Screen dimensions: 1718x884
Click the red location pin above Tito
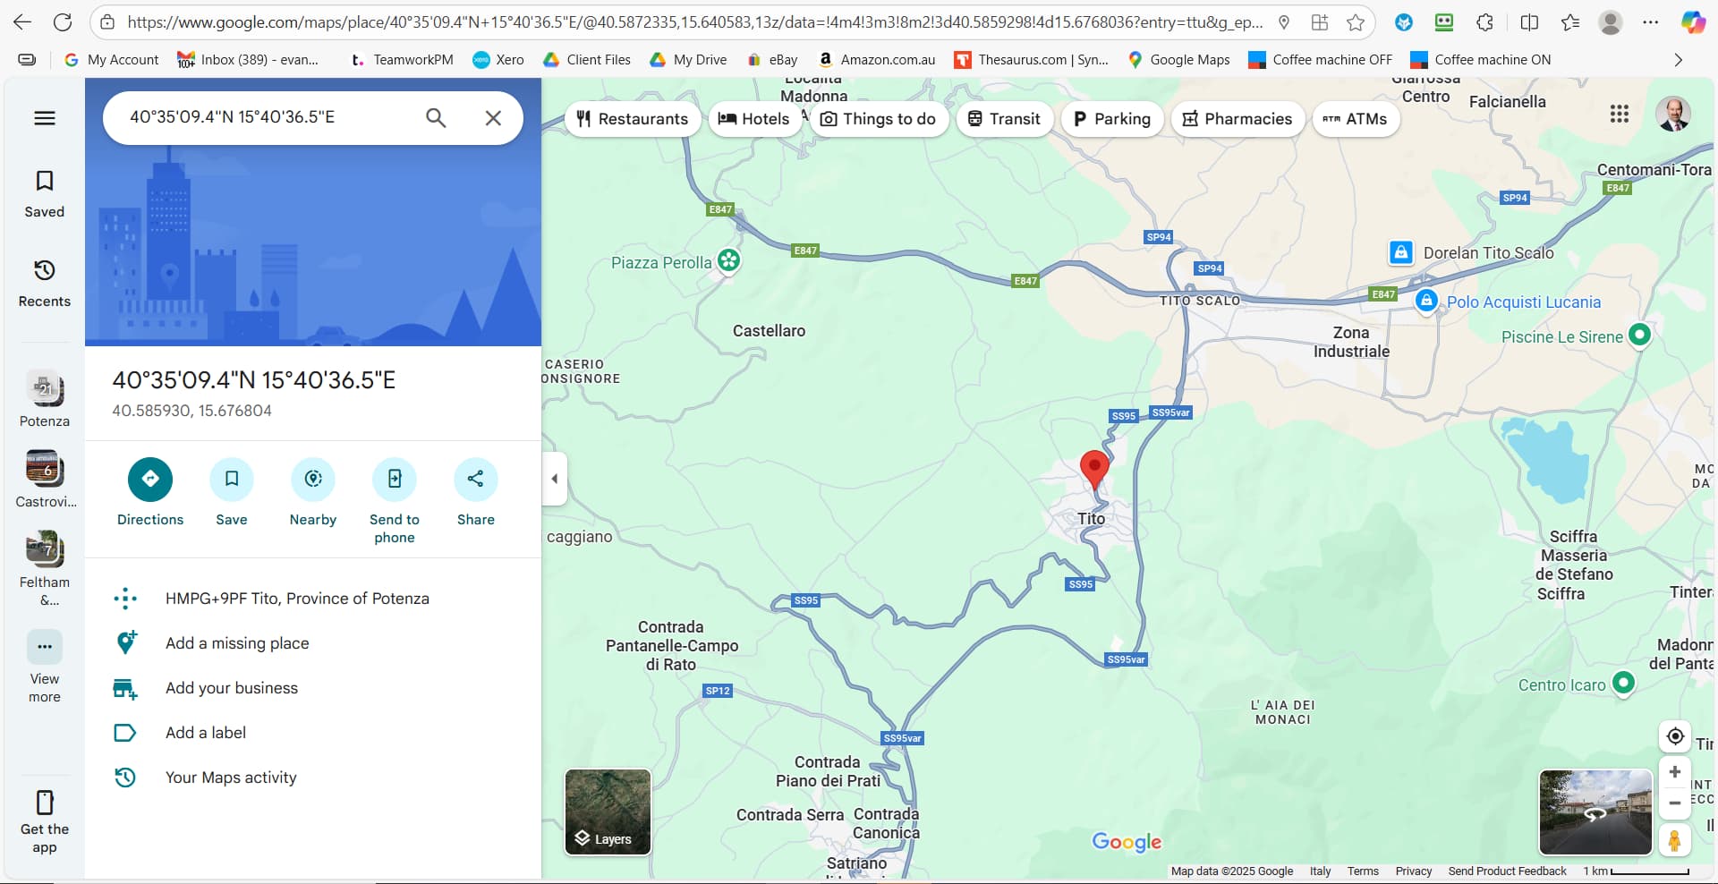tap(1093, 468)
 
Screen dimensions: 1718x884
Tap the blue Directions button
tap(150, 480)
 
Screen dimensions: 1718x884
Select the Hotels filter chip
tap(754, 119)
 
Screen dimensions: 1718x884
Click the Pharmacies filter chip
tap(1237, 119)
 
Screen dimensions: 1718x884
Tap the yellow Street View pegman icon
tap(1674, 841)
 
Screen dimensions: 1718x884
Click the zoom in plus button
tap(1674, 772)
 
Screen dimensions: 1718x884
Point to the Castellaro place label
tap(769, 331)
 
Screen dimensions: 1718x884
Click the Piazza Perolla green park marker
tap(729, 260)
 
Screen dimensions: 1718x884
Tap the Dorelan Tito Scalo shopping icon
tap(1400, 252)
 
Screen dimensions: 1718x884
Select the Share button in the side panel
tap(475, 480)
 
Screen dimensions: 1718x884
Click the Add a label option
tap(206, 733)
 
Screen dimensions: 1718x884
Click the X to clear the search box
tap(493, 118)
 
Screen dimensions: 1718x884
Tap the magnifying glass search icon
tap(436, 118)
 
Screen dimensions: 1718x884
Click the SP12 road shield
tap(718, 691)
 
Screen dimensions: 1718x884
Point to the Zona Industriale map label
tap(1351, 342)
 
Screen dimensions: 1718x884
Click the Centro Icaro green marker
tap(1623, 684)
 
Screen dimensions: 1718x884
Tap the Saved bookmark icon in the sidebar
tap(45, 182)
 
